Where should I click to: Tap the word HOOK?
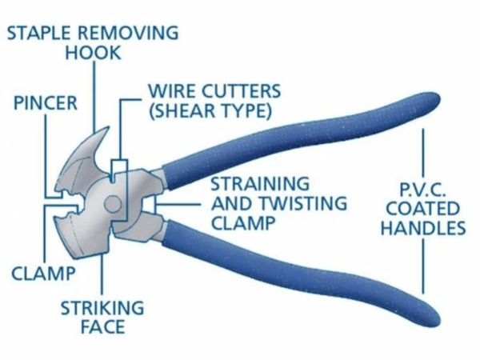point(92,54)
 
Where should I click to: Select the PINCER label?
point(45,105)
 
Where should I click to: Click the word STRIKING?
point(102,307)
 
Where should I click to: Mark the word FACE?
point(102,326)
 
